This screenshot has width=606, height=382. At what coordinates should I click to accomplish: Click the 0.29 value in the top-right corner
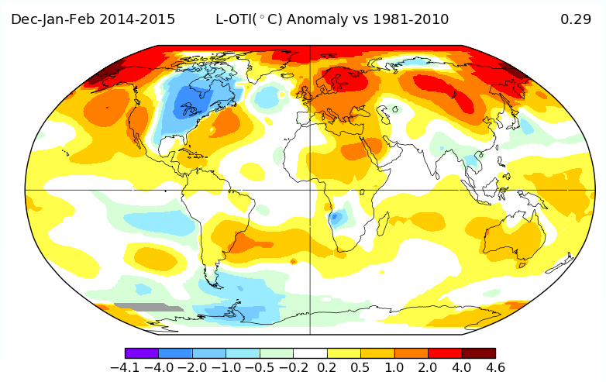tap(576, 19)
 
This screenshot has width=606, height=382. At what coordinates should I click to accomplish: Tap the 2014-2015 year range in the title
tap(137, 19)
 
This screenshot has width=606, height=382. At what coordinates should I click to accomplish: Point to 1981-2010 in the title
tap(411, 19)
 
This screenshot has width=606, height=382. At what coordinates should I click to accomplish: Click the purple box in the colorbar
tap(142, 353)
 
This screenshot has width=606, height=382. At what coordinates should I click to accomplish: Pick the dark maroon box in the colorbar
tap(478, 353)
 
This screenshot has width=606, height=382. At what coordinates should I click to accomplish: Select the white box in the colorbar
tap(310, 353)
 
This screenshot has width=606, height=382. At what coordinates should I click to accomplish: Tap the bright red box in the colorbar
tap(445, 353)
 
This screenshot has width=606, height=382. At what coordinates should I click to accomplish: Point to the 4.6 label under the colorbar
tap(495, 367)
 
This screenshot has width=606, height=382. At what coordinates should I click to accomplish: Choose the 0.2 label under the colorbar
tap(326, 367)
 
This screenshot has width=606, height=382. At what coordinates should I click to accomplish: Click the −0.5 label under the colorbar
tap(260, 367)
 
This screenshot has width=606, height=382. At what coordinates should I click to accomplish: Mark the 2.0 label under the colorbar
tap(428, 367)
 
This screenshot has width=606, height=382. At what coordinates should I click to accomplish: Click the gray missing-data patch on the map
tap(149, 307)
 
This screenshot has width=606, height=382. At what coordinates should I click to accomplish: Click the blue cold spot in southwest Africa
tap(336, 219)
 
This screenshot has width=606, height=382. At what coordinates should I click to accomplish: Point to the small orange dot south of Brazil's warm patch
tap(294, 262)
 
